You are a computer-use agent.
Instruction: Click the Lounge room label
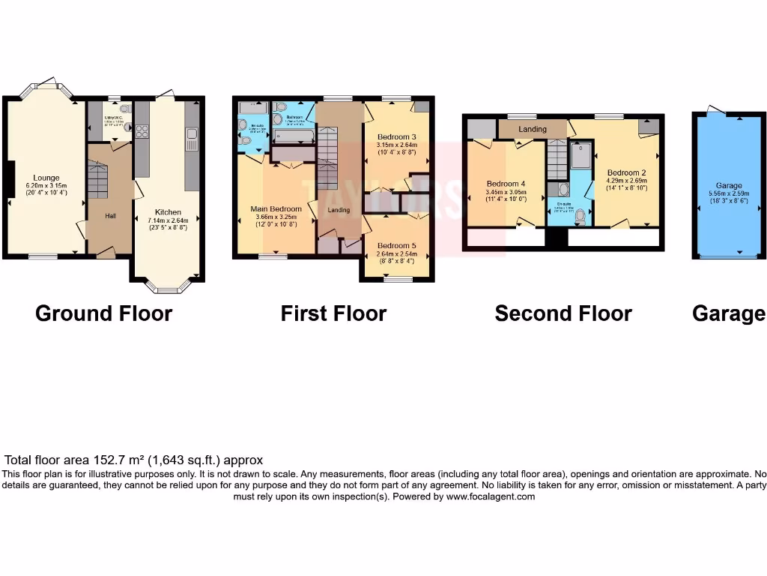(x=46, y=178)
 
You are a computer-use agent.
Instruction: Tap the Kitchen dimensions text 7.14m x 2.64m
(x=168, y=220)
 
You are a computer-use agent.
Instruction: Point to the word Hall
(x=110, y=216)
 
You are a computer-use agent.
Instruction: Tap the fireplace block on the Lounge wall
(x=8, y=179)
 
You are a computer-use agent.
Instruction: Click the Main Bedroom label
(x=276, y=208)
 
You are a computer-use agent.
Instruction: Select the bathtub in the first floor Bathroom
(x=293, y=136)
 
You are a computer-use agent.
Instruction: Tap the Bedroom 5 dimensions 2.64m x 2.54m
(x=396, y=254)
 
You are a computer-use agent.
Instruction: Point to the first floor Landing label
(x=339, y=210)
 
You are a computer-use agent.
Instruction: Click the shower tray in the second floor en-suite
(x=580, y=155)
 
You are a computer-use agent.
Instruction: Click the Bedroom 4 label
(x=506, y=184)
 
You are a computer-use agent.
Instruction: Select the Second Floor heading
(x=563, y=313)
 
